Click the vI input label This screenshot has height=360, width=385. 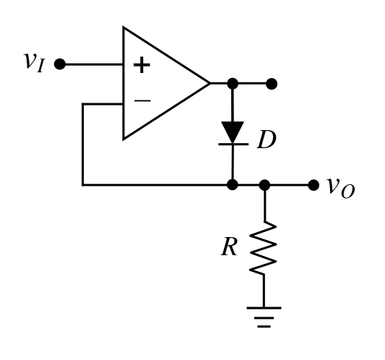pos(35,62)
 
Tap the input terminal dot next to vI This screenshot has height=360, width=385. pos(60,64)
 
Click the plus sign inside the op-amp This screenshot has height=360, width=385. pos(142,65)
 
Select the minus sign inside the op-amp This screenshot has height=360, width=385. pos(142,100)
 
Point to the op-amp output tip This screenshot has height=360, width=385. pos(210,84)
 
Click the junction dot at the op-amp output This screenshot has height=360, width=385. pos(233,84)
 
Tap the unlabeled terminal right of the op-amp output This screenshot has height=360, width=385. pos(272,84)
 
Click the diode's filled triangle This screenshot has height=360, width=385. pos(233,132)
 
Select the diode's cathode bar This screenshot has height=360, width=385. pos(233,144)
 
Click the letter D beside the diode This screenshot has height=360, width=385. pos(267,140)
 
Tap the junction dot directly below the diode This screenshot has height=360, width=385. pos(233,184)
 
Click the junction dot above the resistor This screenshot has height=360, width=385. pos(264,185)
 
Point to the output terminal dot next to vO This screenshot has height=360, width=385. pos(313,185)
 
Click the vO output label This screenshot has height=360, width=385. pos(341,188)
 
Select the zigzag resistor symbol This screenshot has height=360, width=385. pos(264,247)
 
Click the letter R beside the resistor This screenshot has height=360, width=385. pos(229,247)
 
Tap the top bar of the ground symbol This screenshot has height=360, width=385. pos(264,308)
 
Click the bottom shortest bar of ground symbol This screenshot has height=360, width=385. pos(264,327)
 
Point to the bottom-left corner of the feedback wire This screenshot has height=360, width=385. pos(83,184)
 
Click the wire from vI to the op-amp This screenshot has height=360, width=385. pos(94,64)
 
